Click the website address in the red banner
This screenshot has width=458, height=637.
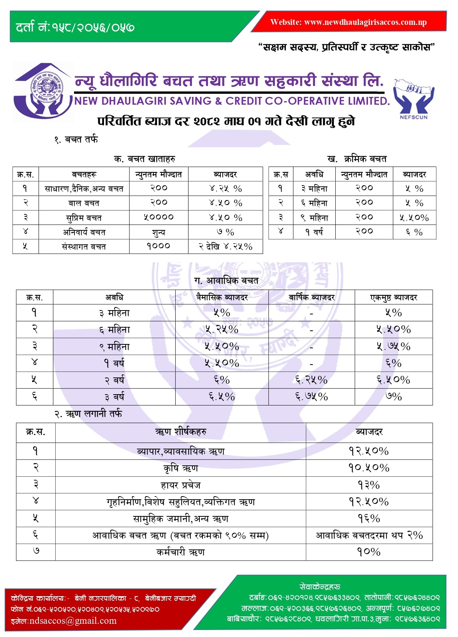click(x=349, y=22)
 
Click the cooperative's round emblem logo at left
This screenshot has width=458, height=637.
click(x=46, y=92)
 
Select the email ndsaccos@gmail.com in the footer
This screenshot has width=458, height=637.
click(x=64, y=621)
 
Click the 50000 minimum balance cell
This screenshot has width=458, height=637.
click(x=159, y=217)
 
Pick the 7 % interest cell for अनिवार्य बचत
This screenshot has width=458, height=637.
click(x=225, y=232)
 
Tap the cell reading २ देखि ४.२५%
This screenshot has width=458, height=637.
click(x=225, y=246)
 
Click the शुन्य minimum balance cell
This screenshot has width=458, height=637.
click(x=159, y=232)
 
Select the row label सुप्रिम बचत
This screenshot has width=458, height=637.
click(x=84, y=218)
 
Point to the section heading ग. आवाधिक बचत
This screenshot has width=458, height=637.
click(x=226, y=280)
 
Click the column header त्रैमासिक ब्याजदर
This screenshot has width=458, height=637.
click(x=222, y=298)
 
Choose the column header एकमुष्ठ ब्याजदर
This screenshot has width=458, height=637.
click(x=393, y=298)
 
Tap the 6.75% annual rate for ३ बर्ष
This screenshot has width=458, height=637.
click(x=312, y=397)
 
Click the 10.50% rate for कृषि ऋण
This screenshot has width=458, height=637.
click(x=369, y=468)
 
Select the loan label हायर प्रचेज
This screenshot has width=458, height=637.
click(x=180, y=485)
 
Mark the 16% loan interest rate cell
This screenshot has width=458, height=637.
click(x=369, y=518)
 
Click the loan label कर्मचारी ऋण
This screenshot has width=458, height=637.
click(x=180, y=552)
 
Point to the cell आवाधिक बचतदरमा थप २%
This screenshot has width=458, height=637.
click(x=369, y=535)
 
